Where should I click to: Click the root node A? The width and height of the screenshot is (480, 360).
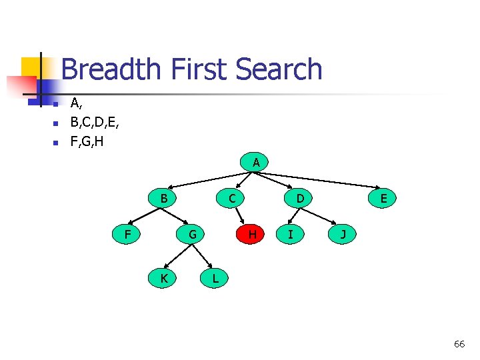256,162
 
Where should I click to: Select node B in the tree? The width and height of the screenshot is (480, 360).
163,198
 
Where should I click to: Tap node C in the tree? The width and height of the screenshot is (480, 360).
231,198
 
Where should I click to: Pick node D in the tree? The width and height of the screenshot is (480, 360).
300,198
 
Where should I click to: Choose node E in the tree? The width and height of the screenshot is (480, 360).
384,198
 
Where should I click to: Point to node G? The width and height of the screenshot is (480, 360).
192,234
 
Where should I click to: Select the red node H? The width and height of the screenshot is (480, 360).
252,234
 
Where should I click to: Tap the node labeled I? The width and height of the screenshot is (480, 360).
290,234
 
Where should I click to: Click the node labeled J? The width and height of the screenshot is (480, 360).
343,234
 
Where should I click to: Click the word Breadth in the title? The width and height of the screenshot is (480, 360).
110,69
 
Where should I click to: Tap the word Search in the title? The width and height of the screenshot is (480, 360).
279,69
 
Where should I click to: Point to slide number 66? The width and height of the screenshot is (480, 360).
459,344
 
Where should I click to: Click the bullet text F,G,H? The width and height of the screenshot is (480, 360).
87,142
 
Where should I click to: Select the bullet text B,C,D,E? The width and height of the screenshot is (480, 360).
95,123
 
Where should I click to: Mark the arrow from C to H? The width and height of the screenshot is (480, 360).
242,216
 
